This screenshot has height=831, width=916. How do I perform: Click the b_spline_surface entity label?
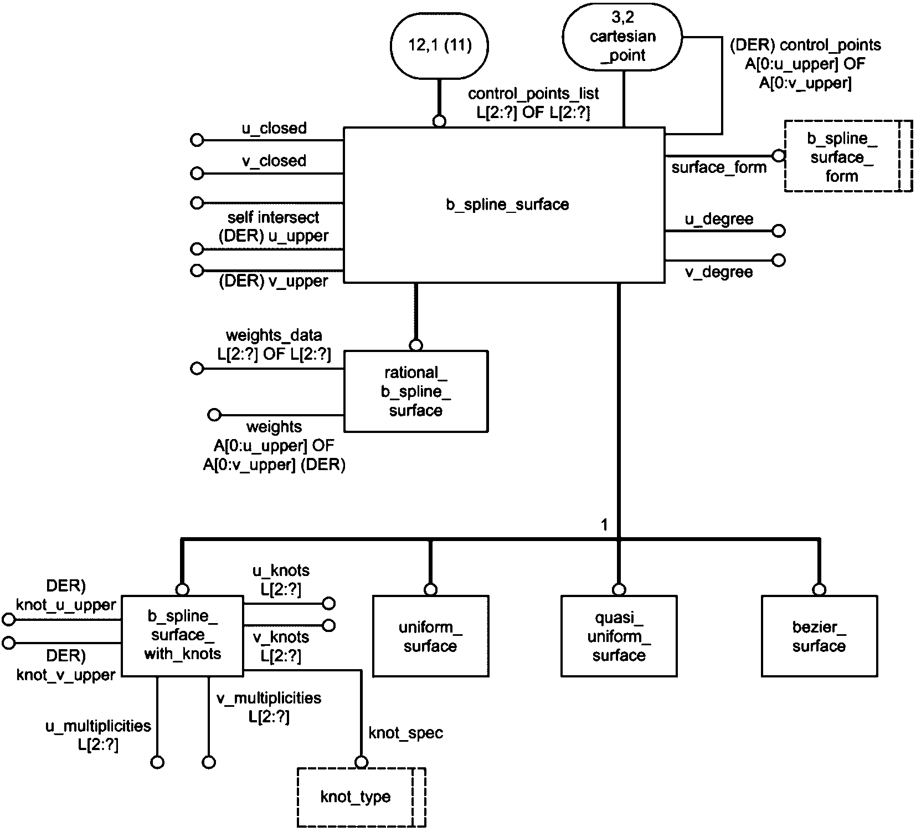pos(507,205)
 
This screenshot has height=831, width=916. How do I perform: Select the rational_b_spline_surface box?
pos(416,391)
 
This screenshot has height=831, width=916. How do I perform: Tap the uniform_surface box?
pos(430,636)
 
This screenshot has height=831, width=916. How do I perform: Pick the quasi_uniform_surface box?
pos(619,636)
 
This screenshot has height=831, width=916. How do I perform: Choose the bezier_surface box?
pos(819,636)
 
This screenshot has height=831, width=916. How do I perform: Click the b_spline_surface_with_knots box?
pos(182,635)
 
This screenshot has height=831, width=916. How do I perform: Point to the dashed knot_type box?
pos(356,797)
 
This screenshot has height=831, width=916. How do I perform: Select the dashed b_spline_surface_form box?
pos(842,157)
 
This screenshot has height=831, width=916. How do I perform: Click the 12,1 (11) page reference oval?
pos(440,45)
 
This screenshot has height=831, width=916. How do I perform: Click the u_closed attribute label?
pos(274,129)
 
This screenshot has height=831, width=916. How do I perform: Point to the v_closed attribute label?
pos(274,161)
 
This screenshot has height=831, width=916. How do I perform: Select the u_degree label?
pos(719,220)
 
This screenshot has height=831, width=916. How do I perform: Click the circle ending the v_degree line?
pos(779,260)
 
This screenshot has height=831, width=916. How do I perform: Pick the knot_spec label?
pos(406,733)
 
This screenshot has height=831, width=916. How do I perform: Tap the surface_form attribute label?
pos(719,167)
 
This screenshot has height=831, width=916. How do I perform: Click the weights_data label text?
pos(274,335)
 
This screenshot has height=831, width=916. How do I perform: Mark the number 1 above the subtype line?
pos(604,524)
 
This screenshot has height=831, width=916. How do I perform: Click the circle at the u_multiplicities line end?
pos(157,763)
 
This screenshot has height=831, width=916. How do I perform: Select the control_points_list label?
pos(533,94)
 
